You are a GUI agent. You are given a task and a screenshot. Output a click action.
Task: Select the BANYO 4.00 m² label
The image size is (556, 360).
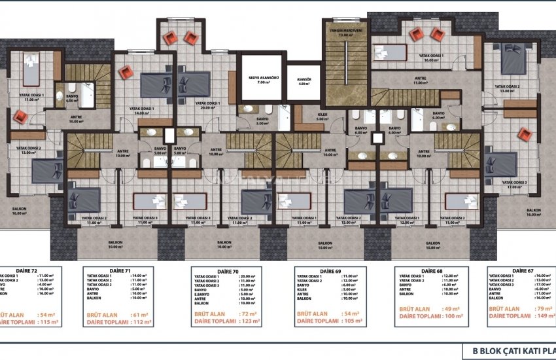(x=71, y=98)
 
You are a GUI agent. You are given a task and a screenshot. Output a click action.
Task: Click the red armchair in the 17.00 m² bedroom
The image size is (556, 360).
(x=524, y=134)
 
